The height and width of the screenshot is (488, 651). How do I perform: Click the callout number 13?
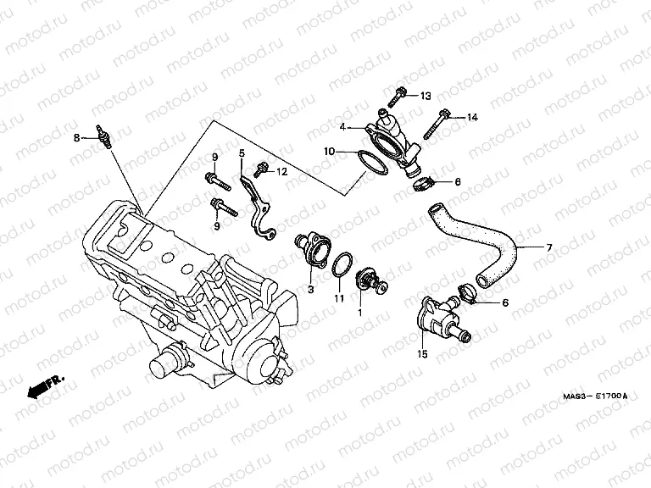click(x=425, y=95)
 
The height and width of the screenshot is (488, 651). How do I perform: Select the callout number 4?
click(x=342, y=128)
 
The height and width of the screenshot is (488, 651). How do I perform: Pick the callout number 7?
click(x=548, y=247)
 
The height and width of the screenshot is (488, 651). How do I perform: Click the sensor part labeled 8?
click(x=102, y=138)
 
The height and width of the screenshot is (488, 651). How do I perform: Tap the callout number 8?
click(x=76, y=137)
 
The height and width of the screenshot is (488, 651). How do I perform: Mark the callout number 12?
click(x=282, y=172)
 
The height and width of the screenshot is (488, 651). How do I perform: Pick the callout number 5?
click(x=241, y=153)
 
